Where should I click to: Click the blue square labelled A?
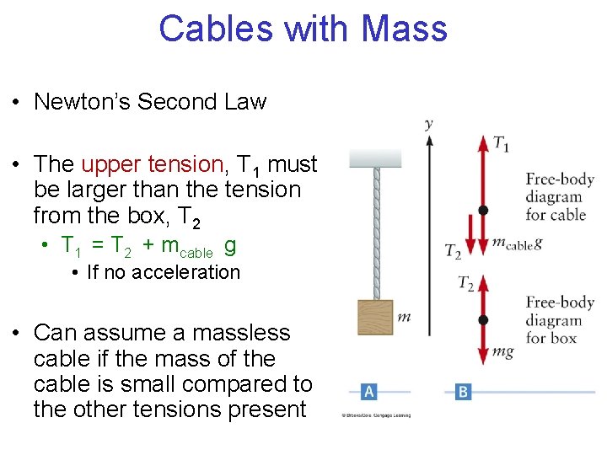(368, 391)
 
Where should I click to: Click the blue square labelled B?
(463, 391)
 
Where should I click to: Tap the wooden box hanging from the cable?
(375, 317)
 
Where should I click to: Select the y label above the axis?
(429, 124)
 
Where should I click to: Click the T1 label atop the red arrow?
(501, 144)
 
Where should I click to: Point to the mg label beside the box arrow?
(503, 351)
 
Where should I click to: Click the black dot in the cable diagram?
(483, 209)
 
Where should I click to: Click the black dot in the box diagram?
(483, 320)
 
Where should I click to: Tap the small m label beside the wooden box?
(404, 317)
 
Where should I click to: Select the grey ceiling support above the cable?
(375, 158)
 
